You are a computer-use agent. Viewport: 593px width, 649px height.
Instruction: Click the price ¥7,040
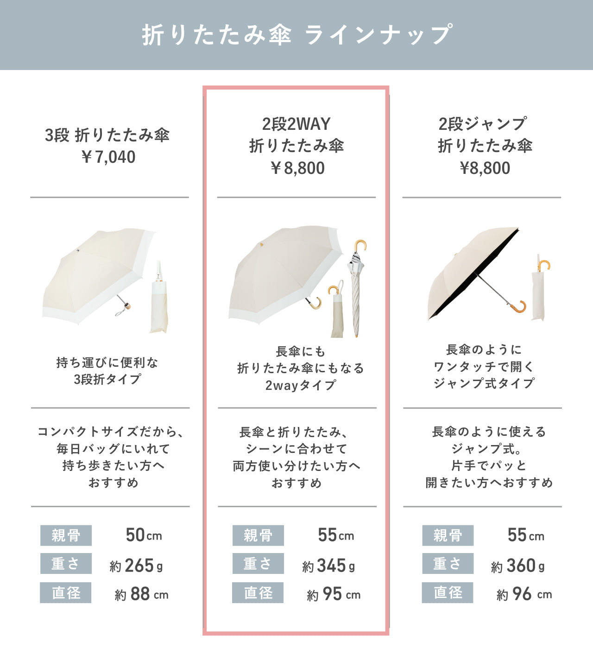[108, 157]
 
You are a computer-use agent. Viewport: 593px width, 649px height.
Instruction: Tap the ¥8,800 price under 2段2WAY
[297, 168]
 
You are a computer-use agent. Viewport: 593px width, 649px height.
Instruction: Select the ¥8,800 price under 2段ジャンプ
[485, 168]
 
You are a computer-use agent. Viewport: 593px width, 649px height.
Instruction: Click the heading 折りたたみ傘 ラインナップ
[297, 35]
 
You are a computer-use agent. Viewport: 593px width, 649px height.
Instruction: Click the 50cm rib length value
[144, 535]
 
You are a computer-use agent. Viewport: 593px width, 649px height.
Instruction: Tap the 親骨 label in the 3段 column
[66, 535]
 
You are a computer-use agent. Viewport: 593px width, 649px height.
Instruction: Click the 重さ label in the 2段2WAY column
[258, 564]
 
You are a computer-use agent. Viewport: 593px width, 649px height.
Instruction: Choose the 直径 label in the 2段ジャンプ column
[448, 593]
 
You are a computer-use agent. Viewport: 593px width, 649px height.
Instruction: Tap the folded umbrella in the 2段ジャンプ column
[539, 290]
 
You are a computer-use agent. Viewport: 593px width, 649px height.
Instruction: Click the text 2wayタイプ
[300, 385]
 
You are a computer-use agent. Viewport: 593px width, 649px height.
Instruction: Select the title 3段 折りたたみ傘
[107, 135]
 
